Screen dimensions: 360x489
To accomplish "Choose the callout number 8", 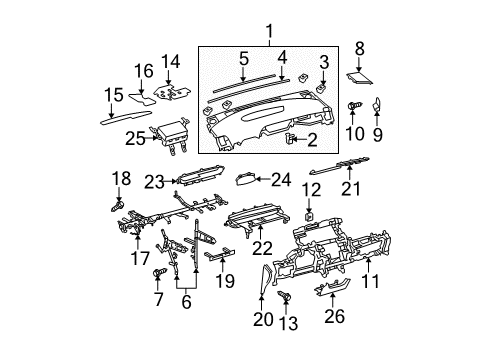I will pyautogui.click(x=360, y=46).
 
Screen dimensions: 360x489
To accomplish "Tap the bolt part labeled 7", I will pyautogui.click(x=158, y=272).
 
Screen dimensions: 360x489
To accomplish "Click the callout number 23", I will pyautogui.click(x=152, y=181).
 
